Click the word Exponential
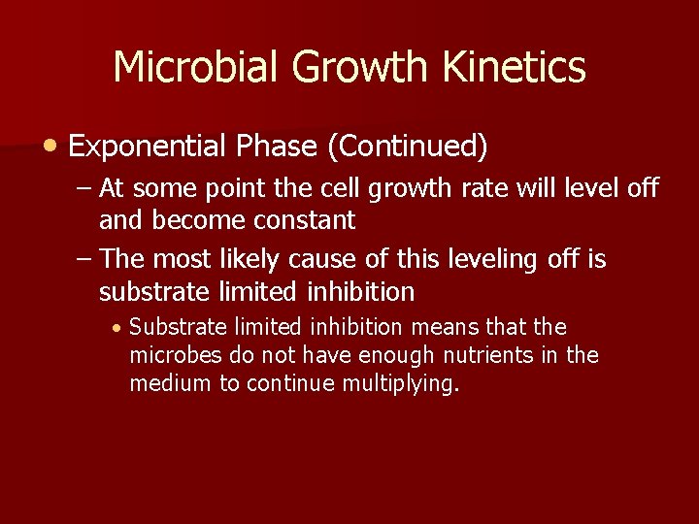click(145, 147)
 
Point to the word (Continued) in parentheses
click(407, 147)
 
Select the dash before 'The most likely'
click(82, 260)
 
